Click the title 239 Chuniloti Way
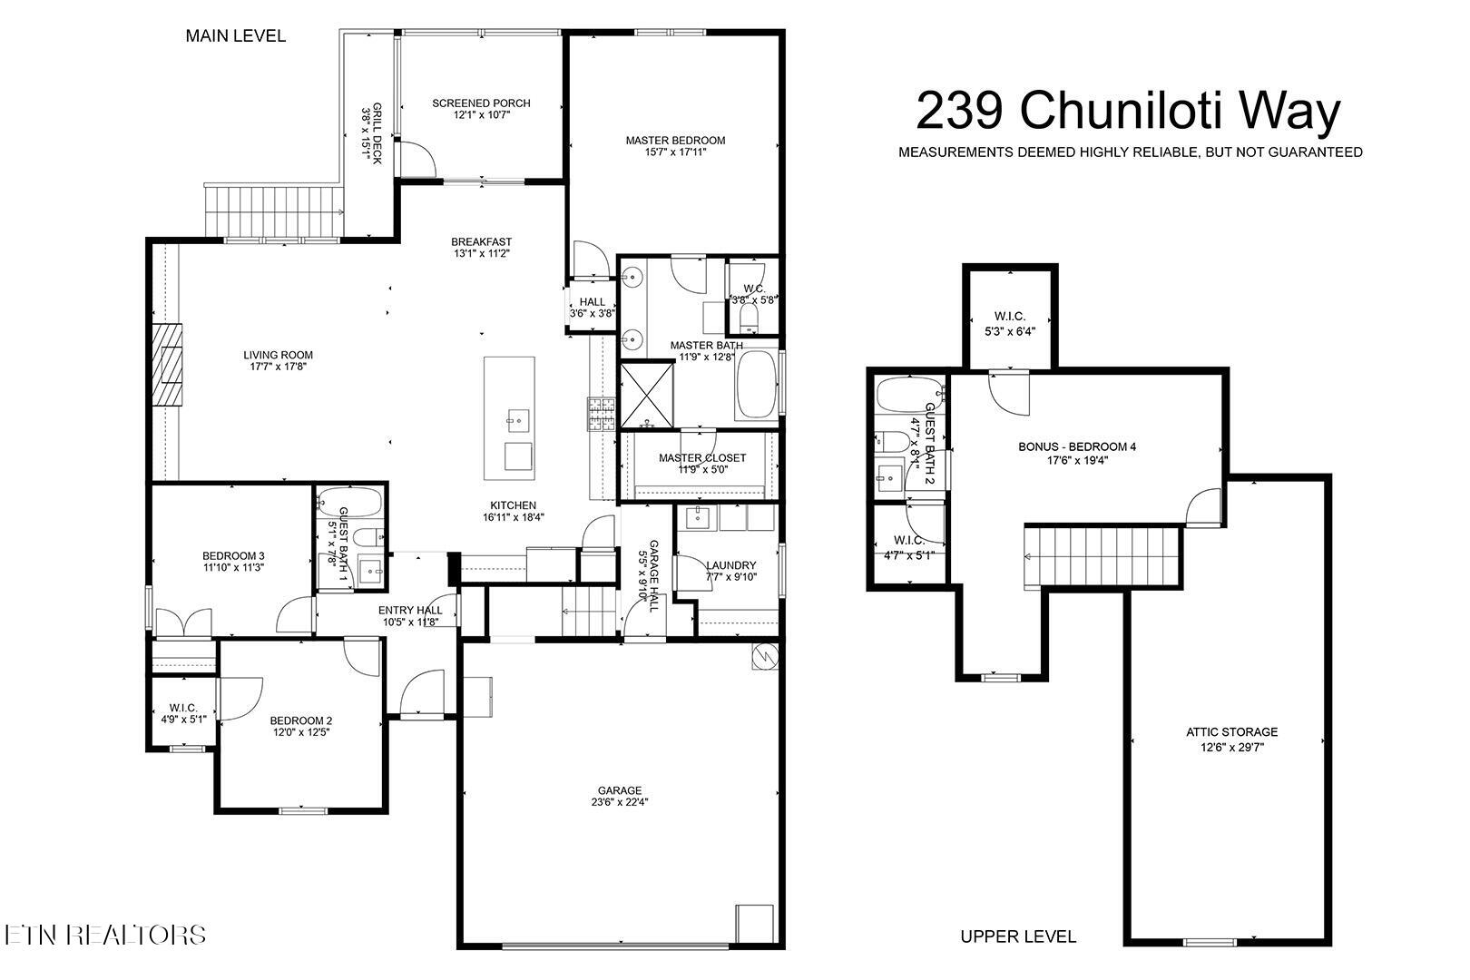[1128, 111]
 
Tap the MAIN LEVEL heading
[235, 36]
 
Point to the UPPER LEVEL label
[1018, 936]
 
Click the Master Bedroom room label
[675, 140]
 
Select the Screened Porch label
[481, 103]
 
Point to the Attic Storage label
[1231, 731]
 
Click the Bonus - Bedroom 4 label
[1076, 446]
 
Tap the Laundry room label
[730, 565]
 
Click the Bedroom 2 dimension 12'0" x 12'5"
[300, 732]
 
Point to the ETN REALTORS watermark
[104, 936]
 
